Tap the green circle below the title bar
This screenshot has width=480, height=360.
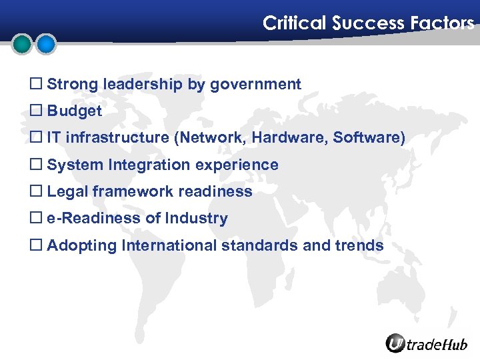pos(23,45)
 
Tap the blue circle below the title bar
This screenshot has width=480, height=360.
pos(45,45)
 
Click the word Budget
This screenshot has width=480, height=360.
pos(74,111)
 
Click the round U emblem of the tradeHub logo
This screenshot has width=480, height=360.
pos(396,343)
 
